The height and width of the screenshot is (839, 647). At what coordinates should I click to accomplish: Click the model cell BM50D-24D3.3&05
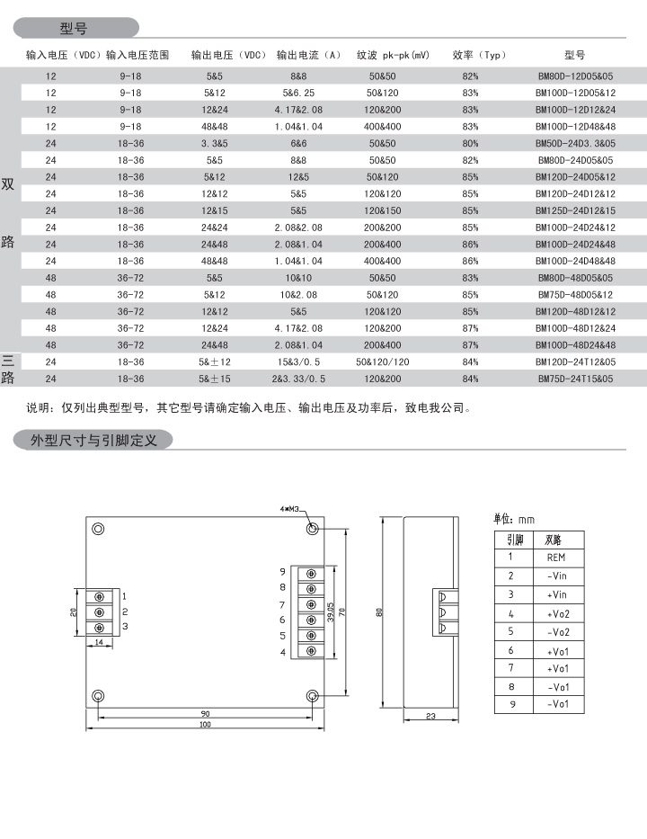point(575,143)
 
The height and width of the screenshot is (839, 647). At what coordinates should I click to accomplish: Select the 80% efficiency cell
point(470,143)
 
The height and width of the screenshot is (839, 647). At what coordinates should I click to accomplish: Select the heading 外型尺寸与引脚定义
point(94,441)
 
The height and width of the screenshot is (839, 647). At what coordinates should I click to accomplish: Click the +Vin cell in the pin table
point(556,594)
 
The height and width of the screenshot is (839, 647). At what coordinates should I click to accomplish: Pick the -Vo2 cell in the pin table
point(558,632)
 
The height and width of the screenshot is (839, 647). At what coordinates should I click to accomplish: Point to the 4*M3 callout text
point(288,510)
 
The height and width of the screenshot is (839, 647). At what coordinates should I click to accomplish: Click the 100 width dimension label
point(205,724)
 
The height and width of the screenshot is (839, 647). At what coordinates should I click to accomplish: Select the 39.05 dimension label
point(331,613)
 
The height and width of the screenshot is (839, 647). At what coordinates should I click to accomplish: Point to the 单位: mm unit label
point(514,520)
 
